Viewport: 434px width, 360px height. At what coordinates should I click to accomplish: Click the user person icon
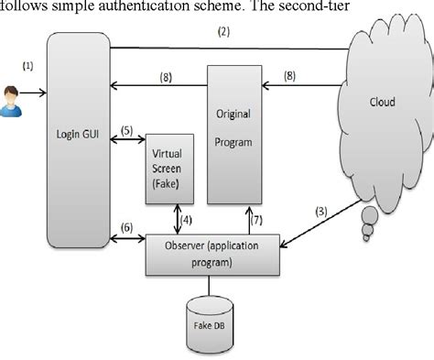pos(14,93)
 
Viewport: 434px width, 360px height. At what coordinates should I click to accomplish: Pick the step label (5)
pos(130,128)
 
